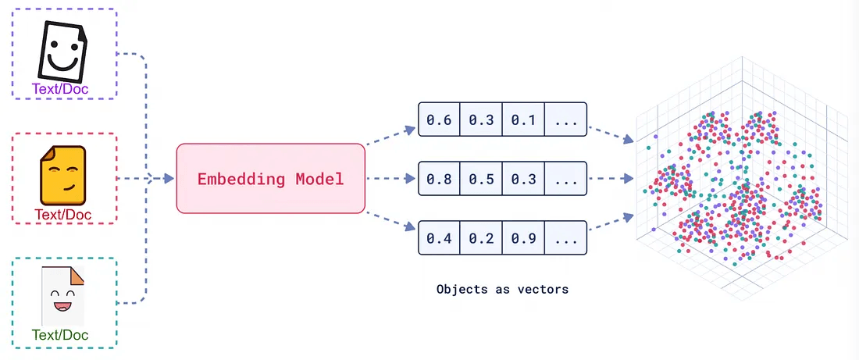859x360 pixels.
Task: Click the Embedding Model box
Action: [x=270, y=178]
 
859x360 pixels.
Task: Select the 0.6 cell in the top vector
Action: [x=439, y=119]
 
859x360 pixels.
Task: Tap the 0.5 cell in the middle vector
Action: [x=481, y=179]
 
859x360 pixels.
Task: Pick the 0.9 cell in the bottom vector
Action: [x=523, y=238]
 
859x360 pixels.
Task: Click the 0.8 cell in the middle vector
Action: [x=439, y=179]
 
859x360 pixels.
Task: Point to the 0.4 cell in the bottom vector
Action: [x=439, y=238]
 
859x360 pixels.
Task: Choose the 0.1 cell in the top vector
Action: [x=523, y=119]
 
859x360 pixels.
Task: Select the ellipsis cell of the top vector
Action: [x=565, y=119]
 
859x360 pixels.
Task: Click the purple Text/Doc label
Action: [x=60, y=89]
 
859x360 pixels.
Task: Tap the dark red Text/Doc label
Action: [x=62, y=213]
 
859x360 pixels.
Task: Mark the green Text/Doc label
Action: [x=60, y=335]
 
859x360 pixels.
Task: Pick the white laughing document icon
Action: [x=62, y=296]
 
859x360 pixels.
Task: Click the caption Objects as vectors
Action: [x=502, y=289]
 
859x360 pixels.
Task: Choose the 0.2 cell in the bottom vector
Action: [x=481, y=238]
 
